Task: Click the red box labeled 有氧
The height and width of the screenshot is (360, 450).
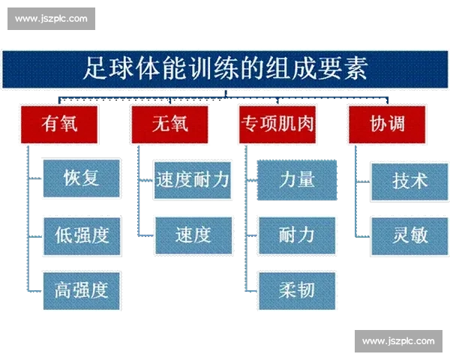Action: (60, 124)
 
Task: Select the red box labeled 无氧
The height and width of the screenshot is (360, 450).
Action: (169, 124)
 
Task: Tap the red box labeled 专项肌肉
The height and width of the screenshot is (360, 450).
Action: (277, 124)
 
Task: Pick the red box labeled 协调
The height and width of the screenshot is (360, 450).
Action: (387, 124)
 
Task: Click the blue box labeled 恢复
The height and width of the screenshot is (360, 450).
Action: (82, 178)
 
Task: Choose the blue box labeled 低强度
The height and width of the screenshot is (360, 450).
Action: (82, 235)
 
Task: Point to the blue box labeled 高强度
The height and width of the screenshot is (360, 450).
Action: (82, 289)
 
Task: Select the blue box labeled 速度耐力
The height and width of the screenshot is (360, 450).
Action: (192, 180)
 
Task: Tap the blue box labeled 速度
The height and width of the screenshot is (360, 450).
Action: (192, 235)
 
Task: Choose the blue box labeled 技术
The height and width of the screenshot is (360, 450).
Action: (409, 180)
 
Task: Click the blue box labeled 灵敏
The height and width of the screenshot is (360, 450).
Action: (409, 235)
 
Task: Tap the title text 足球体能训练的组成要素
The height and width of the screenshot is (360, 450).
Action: (225, 70)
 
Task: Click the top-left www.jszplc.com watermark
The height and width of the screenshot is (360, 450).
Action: (51, 18)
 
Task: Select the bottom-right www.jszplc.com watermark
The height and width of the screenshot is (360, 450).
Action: (398, 341)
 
